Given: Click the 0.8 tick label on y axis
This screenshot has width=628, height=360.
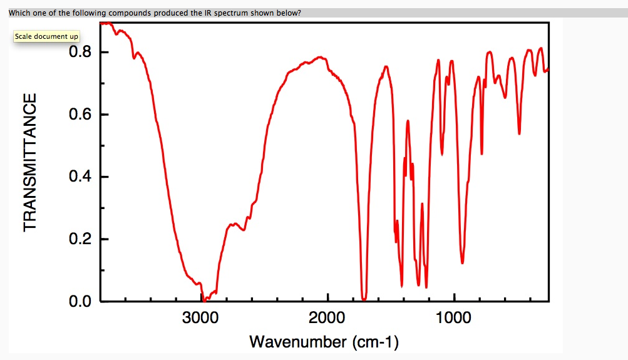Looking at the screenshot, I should point(81,52).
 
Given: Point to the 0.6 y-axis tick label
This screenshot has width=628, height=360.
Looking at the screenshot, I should point(81,115).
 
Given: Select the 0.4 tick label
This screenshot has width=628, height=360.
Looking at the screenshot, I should point(81,177).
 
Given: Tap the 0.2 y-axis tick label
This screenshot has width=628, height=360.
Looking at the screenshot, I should point(81,240).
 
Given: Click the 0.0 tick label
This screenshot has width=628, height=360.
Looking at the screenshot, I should point(81,302).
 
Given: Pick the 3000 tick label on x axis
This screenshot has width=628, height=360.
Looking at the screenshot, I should point(200,317).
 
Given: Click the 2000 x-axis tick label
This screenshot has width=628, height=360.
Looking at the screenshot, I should point(327,317).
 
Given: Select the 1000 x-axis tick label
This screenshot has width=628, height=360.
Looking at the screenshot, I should point(454,317).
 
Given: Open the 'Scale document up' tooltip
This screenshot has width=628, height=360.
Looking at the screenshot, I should point(46,36).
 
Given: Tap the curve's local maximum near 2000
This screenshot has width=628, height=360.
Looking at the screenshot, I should point(321,58).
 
